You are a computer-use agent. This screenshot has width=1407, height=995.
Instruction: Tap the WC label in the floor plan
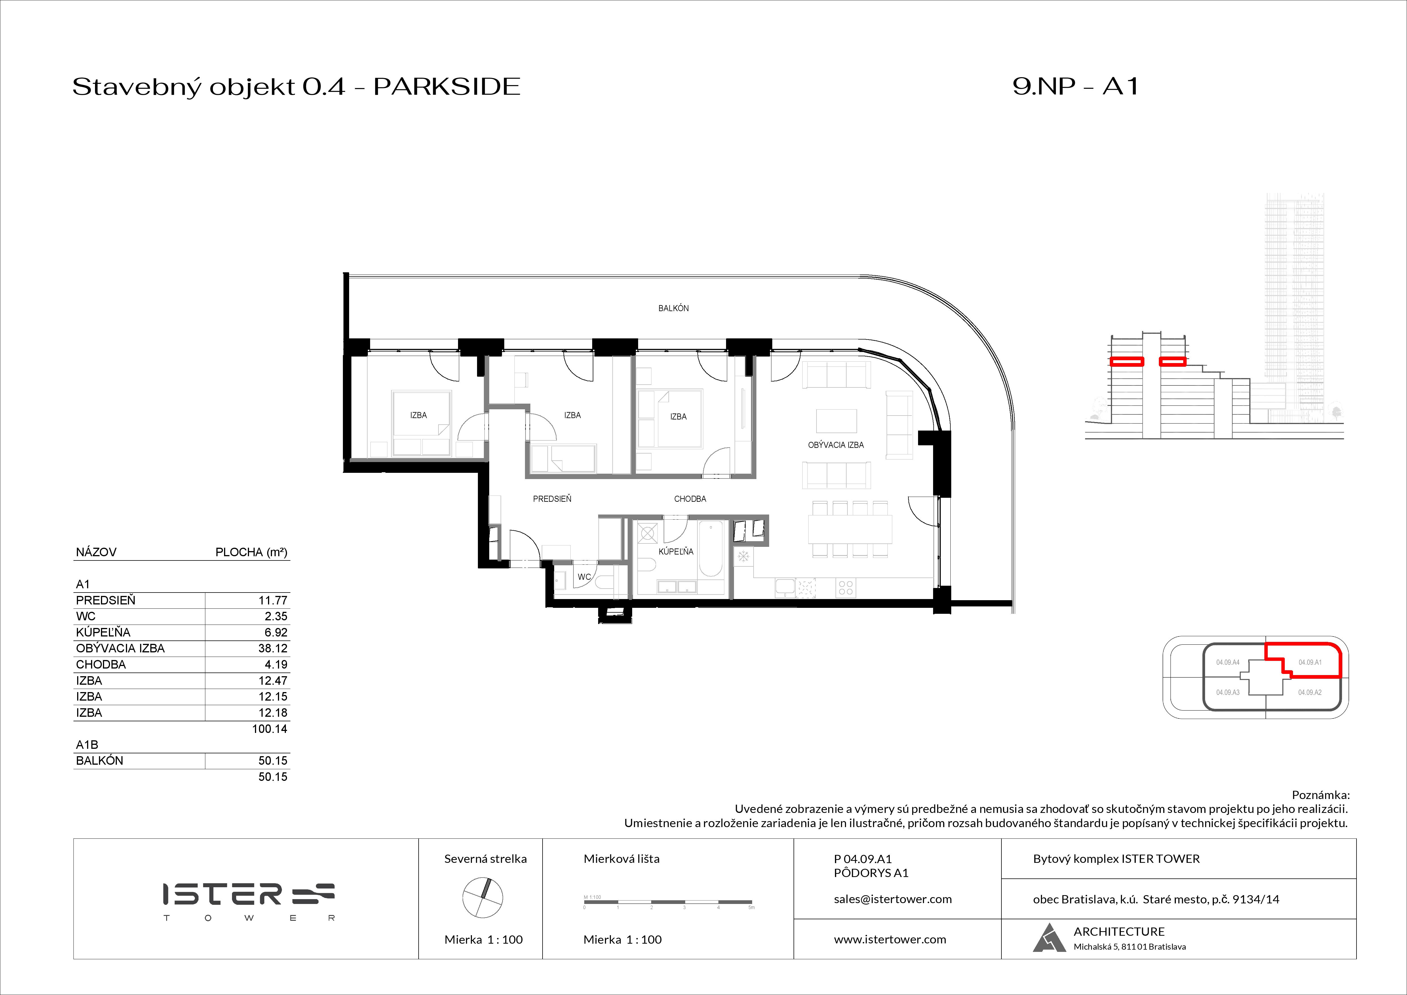tap(584, 577)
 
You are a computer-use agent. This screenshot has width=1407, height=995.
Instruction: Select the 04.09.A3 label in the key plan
tap(1227, 692)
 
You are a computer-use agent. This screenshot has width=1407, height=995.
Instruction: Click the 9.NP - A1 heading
tap(1075, 87)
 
